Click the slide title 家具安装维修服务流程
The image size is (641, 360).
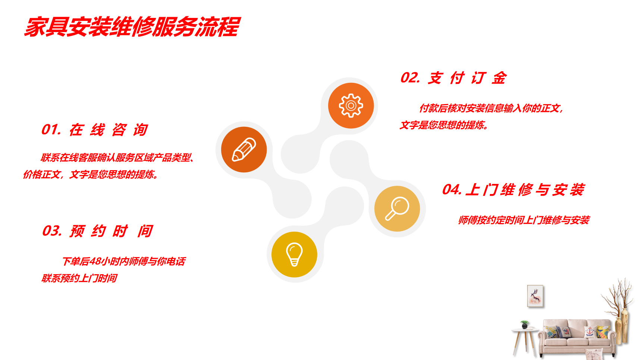pyautogui.click(x=132, y=27)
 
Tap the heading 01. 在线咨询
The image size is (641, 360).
pyautogui.click(x=95, y=130)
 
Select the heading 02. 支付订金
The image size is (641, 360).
pyautogui.click(x=453, y=78)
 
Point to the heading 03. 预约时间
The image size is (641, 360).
pyautogui.click(x=97, y=231)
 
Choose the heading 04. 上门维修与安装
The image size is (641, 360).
pyautogui.click(x=513, y=190)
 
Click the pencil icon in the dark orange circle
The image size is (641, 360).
pyautogui.click(x=244, y=150)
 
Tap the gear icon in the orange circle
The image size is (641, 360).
pyautogui.click(x=351, y=106)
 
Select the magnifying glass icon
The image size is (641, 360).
pyautogui.click(x=397, y=209)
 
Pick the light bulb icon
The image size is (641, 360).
pyautogui.click(x=294, y=254)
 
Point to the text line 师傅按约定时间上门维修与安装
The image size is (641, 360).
pyautogui.click(x=524, y=220)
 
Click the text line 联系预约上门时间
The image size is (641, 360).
pyautogui.click(x=79, y=278)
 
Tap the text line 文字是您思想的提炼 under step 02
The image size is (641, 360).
pyautogui.click(x=444, y=125)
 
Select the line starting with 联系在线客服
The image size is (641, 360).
pyautogui.click(x=118, y=158)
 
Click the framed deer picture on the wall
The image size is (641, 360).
pyautogui.click(x=535, y=296)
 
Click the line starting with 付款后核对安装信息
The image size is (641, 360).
pyautogui.click(x=491, y=108)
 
